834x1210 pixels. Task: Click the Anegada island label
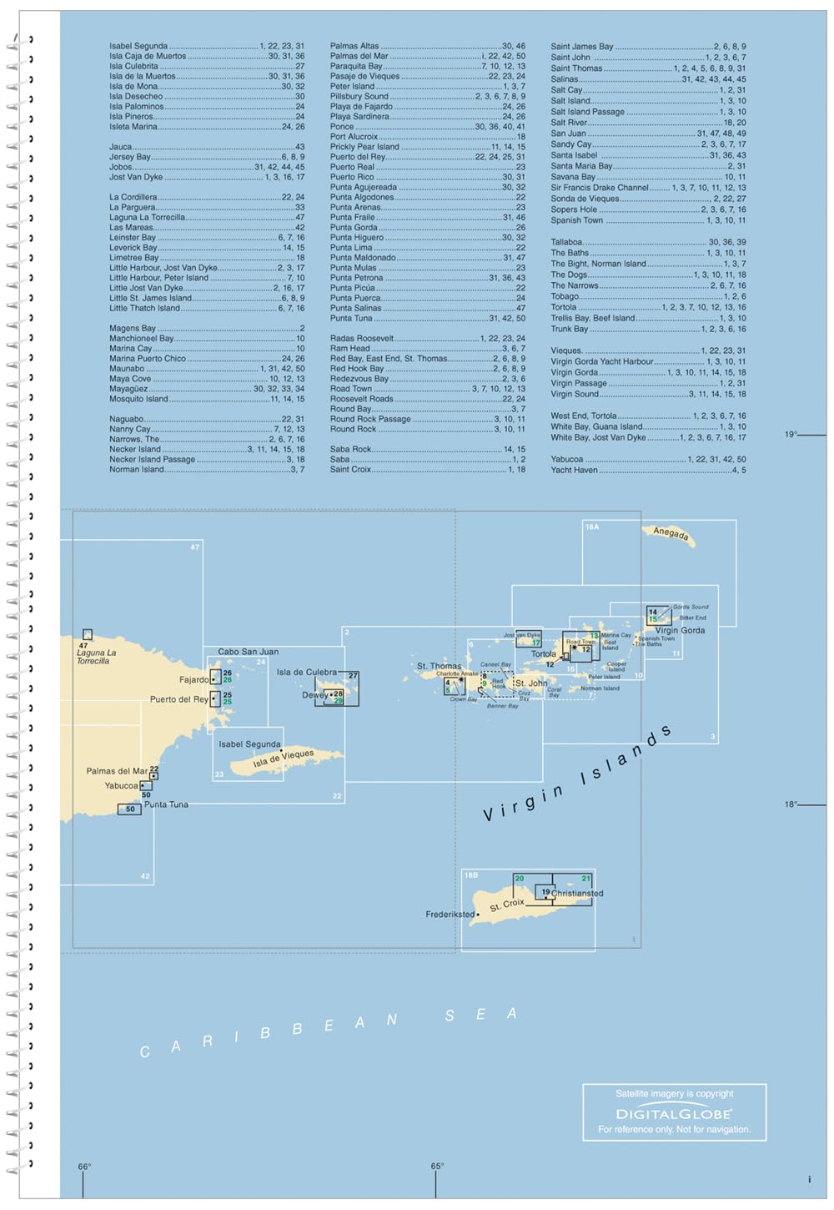[671, 532]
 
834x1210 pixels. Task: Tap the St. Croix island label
[507, 905]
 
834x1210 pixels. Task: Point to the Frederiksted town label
[450, 915]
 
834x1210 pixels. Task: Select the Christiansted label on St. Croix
[577, 893]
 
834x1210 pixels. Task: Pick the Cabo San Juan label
[248, 652]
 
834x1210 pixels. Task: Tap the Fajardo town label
[194, 680]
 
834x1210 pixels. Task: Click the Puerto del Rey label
[178, 699]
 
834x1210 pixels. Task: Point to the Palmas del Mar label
[117, 771]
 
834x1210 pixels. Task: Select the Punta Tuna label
[166, 804]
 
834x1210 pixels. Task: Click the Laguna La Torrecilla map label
[96, 657]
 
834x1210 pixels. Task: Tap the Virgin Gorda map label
[680, 630]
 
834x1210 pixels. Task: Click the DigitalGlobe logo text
[673, 1114]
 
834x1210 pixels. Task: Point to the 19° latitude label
[791, 434]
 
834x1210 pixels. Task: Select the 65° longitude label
[437, 1167]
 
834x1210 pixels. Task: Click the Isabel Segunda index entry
[138, 46]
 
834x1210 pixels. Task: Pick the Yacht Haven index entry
[574, 470]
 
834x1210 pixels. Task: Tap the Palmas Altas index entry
[354, 46]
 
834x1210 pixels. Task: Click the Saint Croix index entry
[350, 469]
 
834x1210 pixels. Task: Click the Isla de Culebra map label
[306, 672]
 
